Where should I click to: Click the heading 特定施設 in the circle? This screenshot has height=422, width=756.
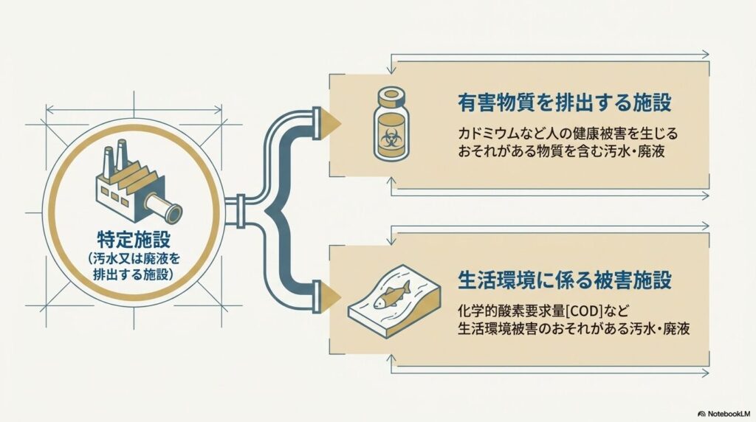click(x=134, y=239)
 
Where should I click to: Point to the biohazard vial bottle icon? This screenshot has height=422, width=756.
click(x=391, y=124)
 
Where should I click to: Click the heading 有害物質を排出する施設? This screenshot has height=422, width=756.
click(x=565, y=103)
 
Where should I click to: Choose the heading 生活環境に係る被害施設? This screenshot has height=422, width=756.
click(x=565, y=280)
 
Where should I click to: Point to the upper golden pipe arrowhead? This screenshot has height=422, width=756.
click(x=331, y=123)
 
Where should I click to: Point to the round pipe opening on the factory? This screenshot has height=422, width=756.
click(x=173, y=212)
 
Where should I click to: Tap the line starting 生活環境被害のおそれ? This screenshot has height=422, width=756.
click(x=574, y=328)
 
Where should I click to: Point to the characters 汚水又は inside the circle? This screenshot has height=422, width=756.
click(x=120, y=259)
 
